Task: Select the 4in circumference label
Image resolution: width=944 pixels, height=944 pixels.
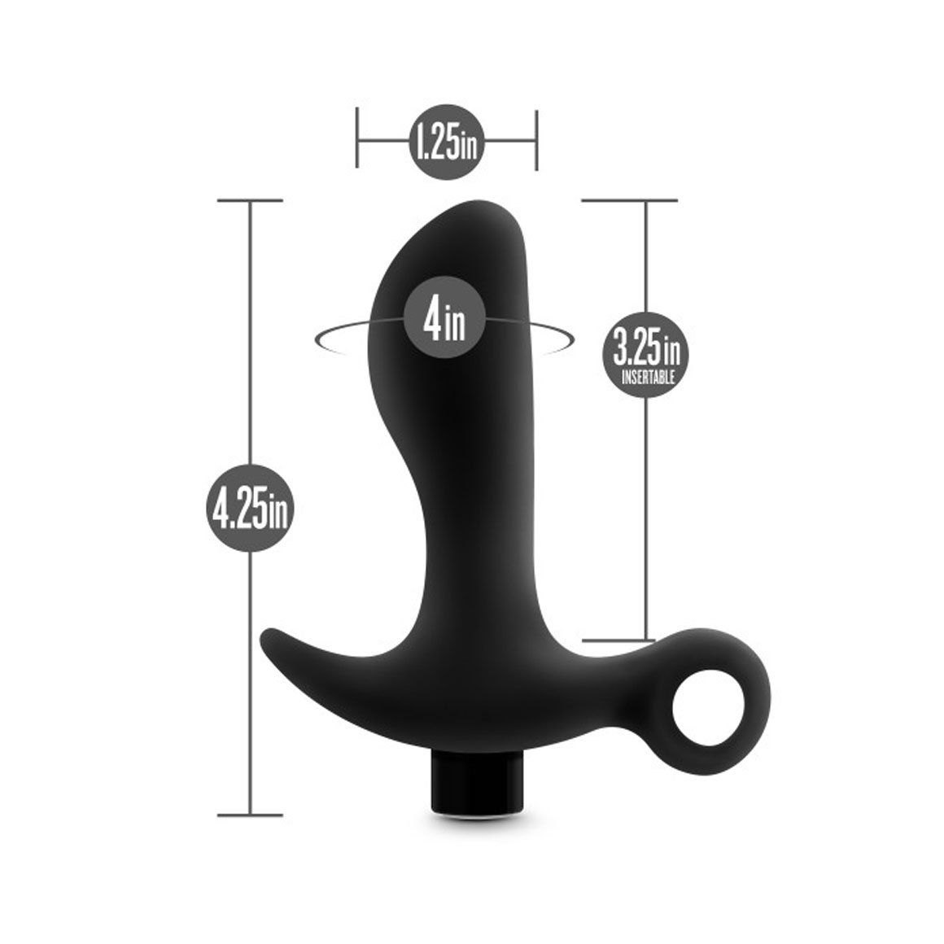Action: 444,317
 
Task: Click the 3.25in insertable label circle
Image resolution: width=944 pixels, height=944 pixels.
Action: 646,355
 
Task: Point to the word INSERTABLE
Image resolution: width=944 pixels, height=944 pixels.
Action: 648,378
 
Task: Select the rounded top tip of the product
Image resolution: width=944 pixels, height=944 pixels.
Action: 479,203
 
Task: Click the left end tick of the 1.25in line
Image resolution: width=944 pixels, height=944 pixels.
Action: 357,138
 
